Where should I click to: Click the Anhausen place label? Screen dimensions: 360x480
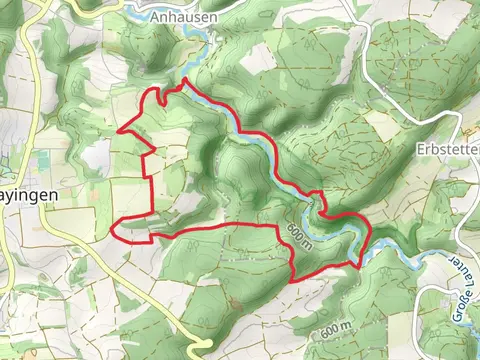tap(179, 17)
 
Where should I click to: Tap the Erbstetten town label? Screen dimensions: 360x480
tap(446, 148)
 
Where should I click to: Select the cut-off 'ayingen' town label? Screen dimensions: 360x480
tap(26, 197)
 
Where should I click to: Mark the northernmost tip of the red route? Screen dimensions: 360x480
tap(184, 79)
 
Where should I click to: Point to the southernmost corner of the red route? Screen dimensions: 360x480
tap(291, 279)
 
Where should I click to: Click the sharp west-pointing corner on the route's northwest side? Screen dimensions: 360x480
tap(119, 130)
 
